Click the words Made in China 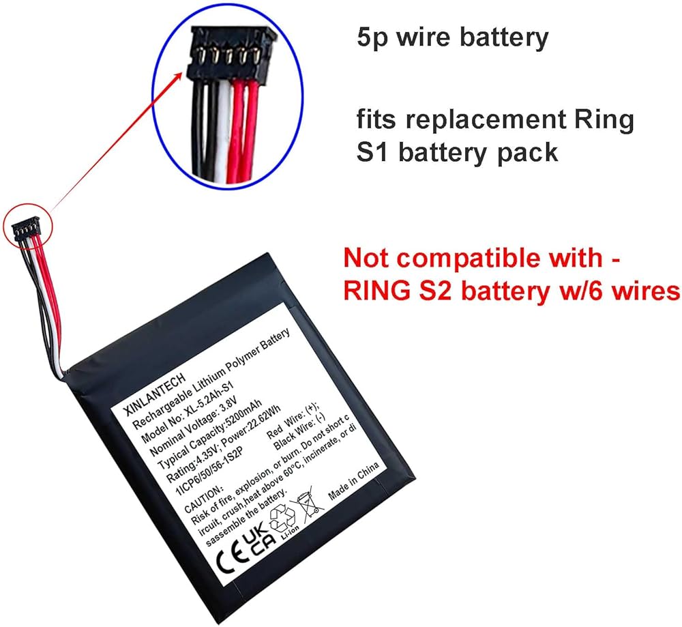[x=355, y=486]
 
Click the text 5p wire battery [x=453, y=38]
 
